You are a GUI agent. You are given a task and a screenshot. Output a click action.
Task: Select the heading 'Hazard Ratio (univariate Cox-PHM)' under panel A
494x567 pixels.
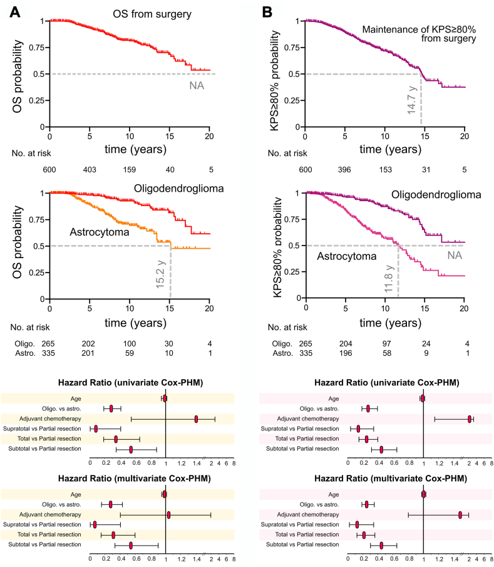pyautogui.click(x=123, y=383)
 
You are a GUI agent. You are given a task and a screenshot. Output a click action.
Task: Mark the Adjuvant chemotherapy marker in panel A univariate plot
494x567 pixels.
pyautogui.click(x=196, y=419)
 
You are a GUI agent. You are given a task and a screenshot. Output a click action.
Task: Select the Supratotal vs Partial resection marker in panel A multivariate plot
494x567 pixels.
pyautogui.click(x=95, y=524)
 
